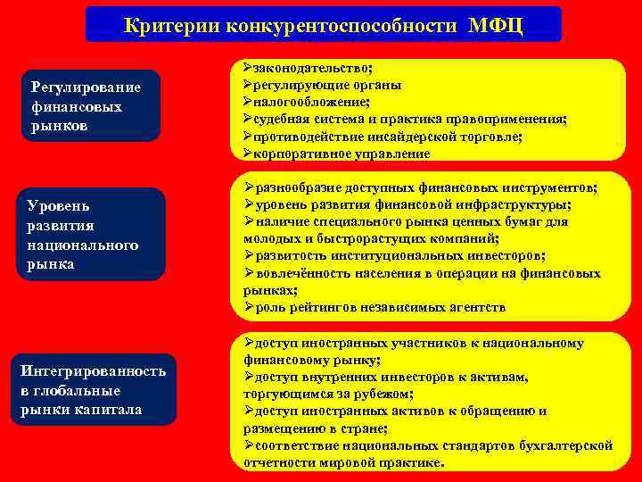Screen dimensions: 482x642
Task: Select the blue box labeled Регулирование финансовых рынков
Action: pos(93,106)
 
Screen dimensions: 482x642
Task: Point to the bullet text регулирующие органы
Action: pos(327,85)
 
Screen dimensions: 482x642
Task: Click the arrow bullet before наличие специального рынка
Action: pos(249,222)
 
